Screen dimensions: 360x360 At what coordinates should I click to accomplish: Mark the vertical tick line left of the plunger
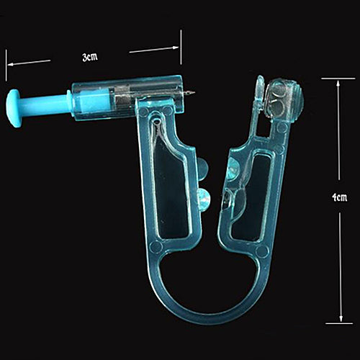(6, 65)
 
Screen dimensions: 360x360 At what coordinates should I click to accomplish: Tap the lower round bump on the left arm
(204, 197)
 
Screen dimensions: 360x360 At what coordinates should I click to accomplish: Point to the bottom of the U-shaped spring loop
(209, 317)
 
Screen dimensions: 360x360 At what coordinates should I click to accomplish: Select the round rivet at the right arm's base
(262, 252)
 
